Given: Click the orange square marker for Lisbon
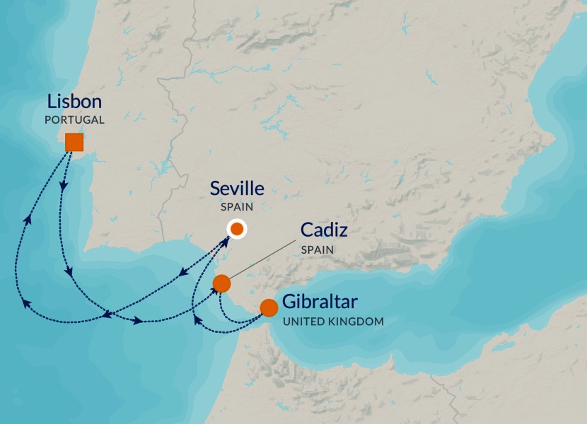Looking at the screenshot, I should tap(74, 142).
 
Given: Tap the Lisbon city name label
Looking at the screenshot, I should tap(75, 101).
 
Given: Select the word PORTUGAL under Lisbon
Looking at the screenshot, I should tap(74, 120).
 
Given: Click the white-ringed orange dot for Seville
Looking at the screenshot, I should tap(236, 229).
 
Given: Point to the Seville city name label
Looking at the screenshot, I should tap(237, 189).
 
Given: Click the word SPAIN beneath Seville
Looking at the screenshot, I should tap(237, 208).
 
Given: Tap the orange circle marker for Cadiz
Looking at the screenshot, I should tap(221, 283).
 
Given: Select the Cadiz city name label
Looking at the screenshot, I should tap(324, 230).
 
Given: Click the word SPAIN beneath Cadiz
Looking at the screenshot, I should tap(317, 250).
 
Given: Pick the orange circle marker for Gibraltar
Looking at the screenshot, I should tap(269, 308).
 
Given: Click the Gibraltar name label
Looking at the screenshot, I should tap(320, 302).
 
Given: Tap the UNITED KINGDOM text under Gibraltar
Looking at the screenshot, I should tap(333, 322).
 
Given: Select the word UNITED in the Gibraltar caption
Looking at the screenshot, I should tap(303, 322).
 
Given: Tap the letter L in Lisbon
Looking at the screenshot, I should tap(52, 101).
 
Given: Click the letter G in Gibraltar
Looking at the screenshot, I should tap(289, 302).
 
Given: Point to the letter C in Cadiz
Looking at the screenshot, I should tap(306, 230).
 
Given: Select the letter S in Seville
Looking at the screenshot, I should tap(215, 189).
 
